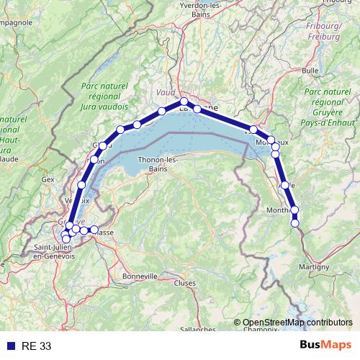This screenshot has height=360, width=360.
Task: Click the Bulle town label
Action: (x=310, y=71)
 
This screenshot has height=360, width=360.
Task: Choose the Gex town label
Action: (x=48, y=179)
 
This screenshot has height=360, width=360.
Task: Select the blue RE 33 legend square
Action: (x=10, y=346)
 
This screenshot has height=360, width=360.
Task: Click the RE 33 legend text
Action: (x=37, y=346)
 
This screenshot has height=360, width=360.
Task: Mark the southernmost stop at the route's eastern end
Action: (x=295, y=223)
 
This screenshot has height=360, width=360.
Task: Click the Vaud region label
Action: (x=165, y=93)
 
